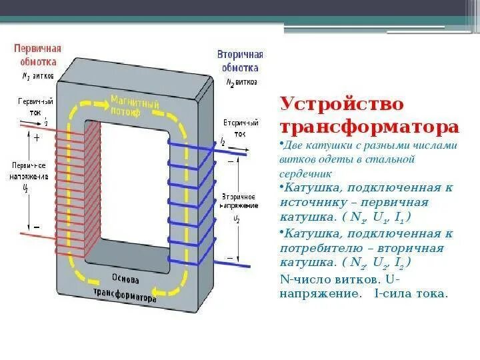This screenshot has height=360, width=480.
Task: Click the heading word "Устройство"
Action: (x=333, y=105)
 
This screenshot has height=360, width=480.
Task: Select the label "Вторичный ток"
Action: (x=237, y=129)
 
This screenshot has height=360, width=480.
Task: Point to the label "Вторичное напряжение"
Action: (x=236, y=202)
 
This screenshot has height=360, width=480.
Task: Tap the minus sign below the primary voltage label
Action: (x=37, y=227)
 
